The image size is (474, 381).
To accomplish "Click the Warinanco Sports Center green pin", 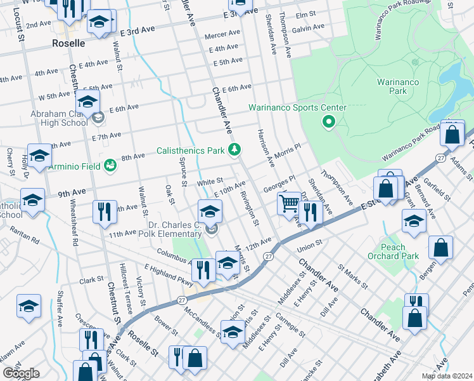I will [328, 121].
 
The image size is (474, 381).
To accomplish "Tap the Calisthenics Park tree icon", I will [234, 150].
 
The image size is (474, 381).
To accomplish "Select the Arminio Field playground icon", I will [110, 165].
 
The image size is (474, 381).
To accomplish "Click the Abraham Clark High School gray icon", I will [98, 117].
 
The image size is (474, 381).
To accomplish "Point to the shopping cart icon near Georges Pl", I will [289, 204].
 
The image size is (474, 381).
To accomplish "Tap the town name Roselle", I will [68, 44].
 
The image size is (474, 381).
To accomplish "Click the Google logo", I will [21, 373].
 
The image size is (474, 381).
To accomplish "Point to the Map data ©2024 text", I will [447, 376].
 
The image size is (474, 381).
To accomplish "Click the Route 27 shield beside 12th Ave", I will [269, 256].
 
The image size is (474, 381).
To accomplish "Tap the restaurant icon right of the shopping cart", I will [310, 211].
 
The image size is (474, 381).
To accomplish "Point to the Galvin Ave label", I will [309, 29].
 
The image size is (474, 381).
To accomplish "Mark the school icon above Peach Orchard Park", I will [414, 222].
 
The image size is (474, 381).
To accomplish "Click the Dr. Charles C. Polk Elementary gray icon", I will [212, 229].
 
